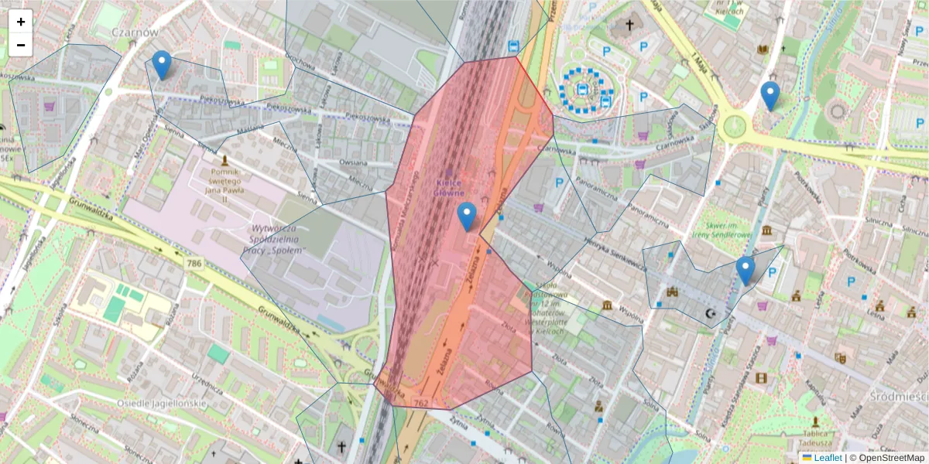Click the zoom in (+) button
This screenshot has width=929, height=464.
coord(21,22)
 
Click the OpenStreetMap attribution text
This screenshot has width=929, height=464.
coord(890,458)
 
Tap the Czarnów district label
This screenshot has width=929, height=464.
coord(135,32)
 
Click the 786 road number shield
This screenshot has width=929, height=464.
coord(194,264)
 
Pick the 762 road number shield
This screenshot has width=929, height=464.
coord(421,403)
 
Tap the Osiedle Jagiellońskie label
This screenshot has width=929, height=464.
coord(162,404)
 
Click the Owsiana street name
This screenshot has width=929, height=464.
coord(353,163)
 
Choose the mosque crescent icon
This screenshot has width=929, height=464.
coord(710,315)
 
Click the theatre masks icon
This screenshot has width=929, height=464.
coord(840,357)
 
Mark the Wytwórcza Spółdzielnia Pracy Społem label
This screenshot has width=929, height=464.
coord(279,240)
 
